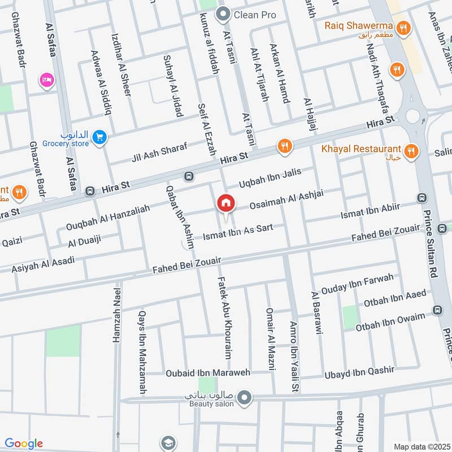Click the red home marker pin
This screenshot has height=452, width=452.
click(226, 203)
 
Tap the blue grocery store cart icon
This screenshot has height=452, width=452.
click(99, 137)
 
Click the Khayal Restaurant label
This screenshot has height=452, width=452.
click(361, 149)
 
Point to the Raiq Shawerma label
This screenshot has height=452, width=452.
click(359, 25)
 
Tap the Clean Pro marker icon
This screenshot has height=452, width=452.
click(224, 15)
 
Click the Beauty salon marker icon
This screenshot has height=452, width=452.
click(244, 399)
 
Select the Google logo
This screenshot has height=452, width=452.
click(23, 444)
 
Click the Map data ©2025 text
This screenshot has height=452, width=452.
click(421, 446)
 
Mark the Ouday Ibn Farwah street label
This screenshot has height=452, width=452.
click(357, 284)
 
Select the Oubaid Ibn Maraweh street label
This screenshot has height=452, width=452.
click(207, 373)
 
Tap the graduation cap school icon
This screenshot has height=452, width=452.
click(168, 443)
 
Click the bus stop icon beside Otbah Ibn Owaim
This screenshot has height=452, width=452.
click(437, 310)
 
